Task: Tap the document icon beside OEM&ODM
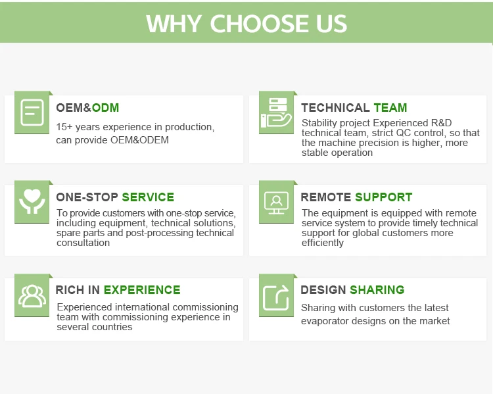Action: (32, 112)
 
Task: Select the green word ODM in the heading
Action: (105, 108)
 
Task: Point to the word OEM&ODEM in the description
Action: (139, 139)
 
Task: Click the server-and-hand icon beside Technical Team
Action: (276, 112)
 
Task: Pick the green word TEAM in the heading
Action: (390, 108)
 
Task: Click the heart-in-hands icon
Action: (32, 201)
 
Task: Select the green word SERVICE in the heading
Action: (148, 197)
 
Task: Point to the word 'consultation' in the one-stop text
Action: (83, 243)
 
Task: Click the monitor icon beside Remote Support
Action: (276, 203)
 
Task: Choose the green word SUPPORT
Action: (384, 197)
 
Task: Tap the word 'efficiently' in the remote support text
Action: (323, 243)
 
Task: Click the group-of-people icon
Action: (32, 295)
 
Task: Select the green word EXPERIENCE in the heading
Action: (142, 290)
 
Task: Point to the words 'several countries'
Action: (94, 327)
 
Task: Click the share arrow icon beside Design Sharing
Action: (276, 297)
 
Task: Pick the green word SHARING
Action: (377, 290)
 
